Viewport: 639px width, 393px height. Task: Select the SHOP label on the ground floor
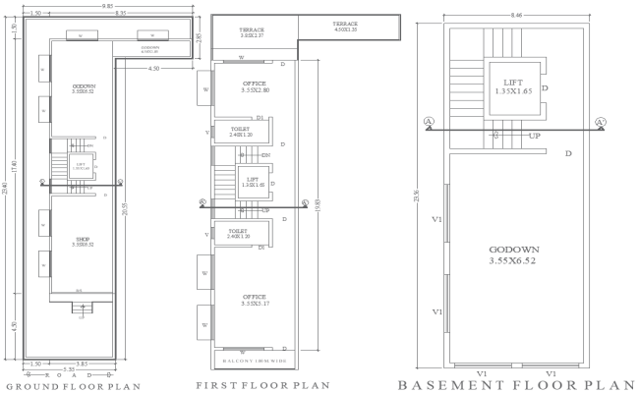point(83,241)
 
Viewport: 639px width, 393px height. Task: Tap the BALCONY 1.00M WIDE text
point(253,361)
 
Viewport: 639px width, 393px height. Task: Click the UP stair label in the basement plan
point(534,136)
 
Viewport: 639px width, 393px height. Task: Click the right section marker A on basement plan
point(599,122)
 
